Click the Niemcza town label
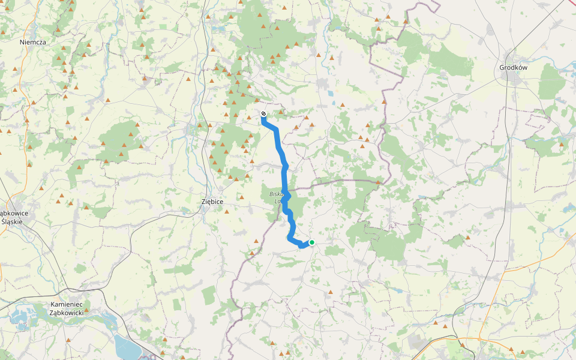(x=32, y=42)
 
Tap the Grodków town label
(x=513, y=68)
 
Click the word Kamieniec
(x=66, y=305)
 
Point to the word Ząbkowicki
(x=66, y=313)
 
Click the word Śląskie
(x=13, y=221)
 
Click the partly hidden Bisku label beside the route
(x=276, y=194)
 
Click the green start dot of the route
(x=312, y=242)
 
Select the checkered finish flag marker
(x=263, y=113)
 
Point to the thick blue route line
(x=284, y=174)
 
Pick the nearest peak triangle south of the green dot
(x=331, y=292)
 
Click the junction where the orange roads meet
(x=503, y=270)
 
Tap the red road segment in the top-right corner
(x=571, y=3)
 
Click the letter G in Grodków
(x=502, y=68)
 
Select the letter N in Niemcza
(x=22, y=42)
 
